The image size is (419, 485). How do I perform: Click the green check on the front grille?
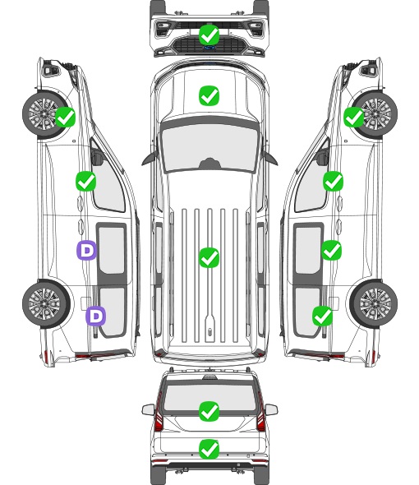pyautogui.click(x=209, y=35)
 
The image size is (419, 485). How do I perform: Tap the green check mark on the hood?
pyautogui.click(x=209, y=95)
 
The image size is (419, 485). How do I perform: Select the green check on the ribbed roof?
pyautogui.click(x=209, y=257)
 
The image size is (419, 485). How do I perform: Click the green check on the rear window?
pyautogui.click(x=209, y=411)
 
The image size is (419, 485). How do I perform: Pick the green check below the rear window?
pyautogui.click(x=209, y=449)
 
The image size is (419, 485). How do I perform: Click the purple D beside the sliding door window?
pyautogui.click(x=86, y=250)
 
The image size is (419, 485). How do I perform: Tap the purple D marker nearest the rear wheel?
pyautogui.click(x=96, y=316)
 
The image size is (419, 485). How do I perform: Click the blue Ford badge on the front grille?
pyautogui.click(x=209, y=48)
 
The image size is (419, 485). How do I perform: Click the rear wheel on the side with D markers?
pyautogui.click(x=46, y=304)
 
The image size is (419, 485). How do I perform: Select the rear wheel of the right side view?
pyautogui.click(x=374, y=304)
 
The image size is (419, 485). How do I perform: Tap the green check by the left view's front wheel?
pyautogui.click(x=65, y=117)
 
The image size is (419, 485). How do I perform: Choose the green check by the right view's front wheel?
pyautogui.click(x=354, y=117)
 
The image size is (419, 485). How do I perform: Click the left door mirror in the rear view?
pyautogui.click(x=148, y=409)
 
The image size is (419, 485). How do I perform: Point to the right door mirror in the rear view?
pyautogui.click(x=271, y=409)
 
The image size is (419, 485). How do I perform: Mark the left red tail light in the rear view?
pyautogui.click(x=159, y=413)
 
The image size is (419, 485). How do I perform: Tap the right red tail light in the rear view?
pyautogui.click(x=261, y=413)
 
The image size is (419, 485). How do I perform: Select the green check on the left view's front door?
pyautogui.click(x=85, y=181)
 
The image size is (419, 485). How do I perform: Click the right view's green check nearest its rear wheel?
pyautogui.click(x=323, y=316)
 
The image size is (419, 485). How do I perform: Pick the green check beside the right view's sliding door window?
pyautogui.click(x=331, y=250)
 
